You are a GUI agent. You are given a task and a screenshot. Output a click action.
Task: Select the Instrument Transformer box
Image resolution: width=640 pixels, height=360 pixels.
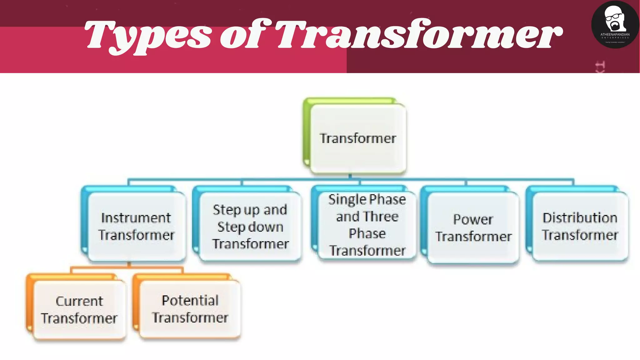click(x=136, y=226)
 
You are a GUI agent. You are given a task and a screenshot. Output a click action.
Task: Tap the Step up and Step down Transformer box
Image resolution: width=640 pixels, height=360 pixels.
click(x=250, y=226)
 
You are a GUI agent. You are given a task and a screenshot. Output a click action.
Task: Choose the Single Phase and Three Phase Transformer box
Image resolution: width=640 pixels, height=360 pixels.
click(x=367, y=225)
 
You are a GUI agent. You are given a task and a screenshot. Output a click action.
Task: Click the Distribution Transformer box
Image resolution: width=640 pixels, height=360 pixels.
click(x=580, y=226)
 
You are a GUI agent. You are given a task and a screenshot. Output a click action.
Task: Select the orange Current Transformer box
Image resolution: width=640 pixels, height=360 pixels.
click(x=79, y=309)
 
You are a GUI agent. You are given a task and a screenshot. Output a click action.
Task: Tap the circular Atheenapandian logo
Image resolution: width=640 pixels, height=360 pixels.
click(x=615, y=24)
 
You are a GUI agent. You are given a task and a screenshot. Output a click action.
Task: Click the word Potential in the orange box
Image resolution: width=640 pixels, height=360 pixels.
click(x=190, y=300)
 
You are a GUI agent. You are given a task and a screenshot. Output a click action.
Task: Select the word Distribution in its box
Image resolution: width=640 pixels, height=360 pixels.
click(x=580, y=218)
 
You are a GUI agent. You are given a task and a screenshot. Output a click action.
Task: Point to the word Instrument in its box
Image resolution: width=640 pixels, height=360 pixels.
click(x=136, y=218)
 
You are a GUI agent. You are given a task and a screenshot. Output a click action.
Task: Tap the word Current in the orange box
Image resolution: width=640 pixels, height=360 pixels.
click(x=79, y=301)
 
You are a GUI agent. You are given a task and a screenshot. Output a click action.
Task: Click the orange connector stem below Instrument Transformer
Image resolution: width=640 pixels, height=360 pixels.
click(x=129, y=265)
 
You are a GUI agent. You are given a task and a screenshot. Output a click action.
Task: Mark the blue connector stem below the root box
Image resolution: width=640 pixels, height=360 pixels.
click(x=350, y=177)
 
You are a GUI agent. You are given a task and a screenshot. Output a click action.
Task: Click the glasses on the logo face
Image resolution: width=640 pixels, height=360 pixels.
click(x=613, y=17)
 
